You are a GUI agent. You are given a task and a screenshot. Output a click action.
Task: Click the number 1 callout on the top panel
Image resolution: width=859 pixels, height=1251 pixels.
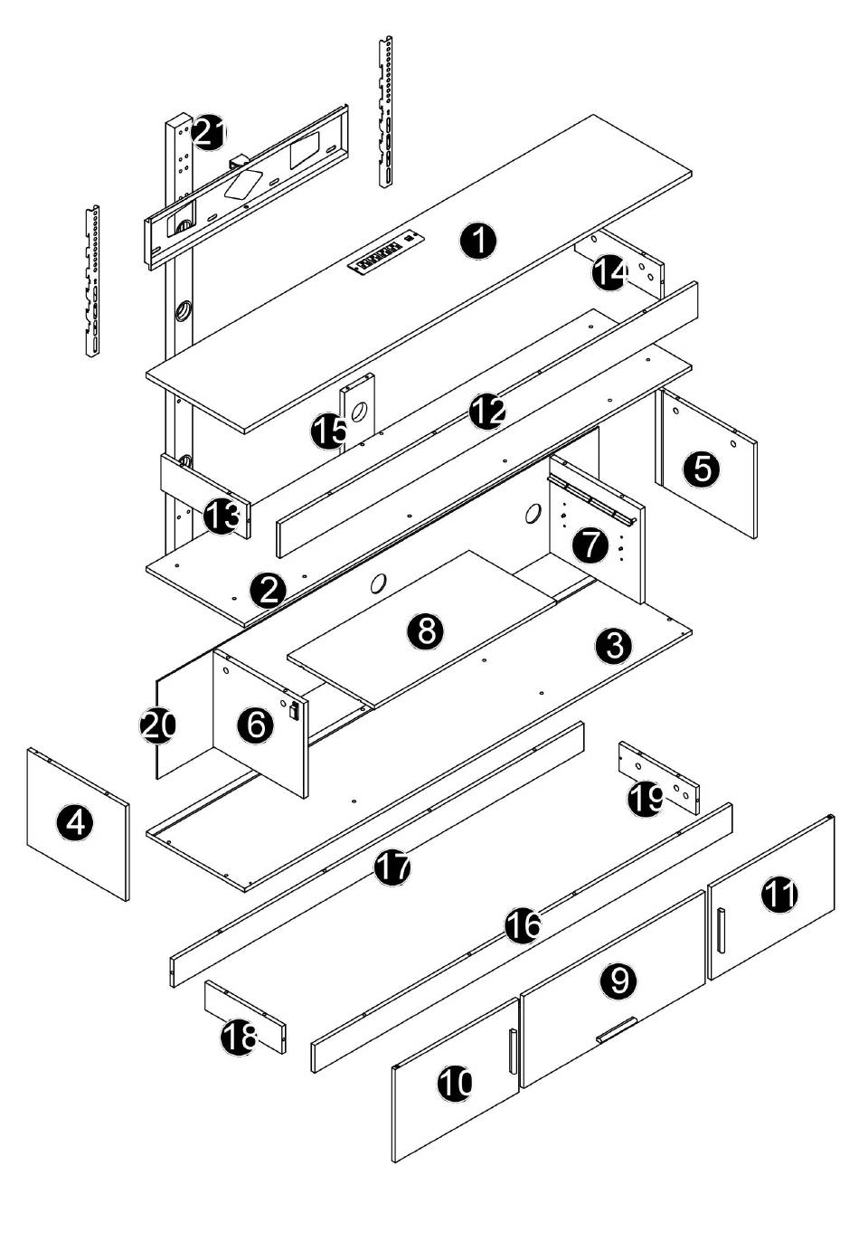[x=478, y=242]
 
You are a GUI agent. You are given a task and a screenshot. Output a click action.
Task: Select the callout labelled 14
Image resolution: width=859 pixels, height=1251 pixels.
[x=610, y=272]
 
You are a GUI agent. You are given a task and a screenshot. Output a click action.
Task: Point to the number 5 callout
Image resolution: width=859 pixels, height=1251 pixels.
[x=702, y=468]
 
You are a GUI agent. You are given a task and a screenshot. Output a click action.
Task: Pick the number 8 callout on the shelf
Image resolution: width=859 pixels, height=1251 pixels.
[x=426, y=631]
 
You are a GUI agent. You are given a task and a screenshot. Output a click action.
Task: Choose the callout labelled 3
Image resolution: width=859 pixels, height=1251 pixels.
[x=614, y=646]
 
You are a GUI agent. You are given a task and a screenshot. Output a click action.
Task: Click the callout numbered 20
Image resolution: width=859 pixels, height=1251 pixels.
[x=157, y=725]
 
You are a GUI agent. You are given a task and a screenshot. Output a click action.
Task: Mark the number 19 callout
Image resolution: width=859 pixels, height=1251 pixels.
[x=646, y=800]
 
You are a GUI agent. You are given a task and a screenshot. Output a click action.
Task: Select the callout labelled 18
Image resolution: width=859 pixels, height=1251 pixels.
[x=240, y=1038]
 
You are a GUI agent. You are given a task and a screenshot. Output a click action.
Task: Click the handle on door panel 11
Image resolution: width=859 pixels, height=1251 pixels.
[x=721, y=931]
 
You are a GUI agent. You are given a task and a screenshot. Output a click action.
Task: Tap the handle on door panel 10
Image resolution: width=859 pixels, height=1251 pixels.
[x=513, y=1051]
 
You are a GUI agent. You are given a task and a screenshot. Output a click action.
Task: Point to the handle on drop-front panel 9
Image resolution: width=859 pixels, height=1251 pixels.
[x=616, y=1030]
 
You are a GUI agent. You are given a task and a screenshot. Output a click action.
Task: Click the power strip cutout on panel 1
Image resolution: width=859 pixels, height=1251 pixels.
[x=387, y=254]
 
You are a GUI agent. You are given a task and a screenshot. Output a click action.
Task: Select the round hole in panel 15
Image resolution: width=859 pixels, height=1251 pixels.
[x=358, y=412]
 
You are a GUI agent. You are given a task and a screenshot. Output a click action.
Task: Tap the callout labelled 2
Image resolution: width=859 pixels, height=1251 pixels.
[x=268, y=591]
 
